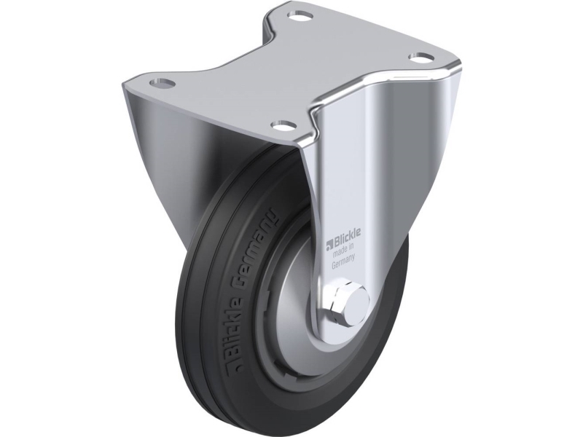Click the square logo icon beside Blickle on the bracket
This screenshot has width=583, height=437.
click(329, 243)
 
